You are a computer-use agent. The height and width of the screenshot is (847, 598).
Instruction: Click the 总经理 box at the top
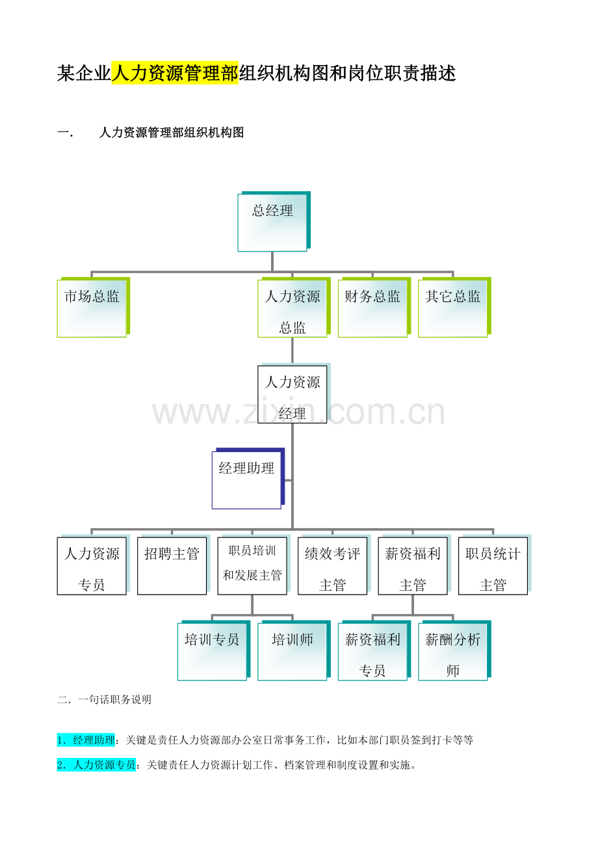tap(274, 222)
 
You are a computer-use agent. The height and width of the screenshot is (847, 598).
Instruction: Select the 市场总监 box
tap(94, 308)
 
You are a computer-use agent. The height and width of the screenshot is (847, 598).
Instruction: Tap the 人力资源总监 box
tap(294, 308)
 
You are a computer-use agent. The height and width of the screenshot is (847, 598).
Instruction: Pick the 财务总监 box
tap(374, 308)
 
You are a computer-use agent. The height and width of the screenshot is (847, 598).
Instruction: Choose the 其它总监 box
tap(454, 308)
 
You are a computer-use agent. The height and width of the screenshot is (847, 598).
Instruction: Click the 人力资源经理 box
tap(294, 393)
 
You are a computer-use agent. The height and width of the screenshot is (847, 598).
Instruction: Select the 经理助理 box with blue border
tap(248, 479)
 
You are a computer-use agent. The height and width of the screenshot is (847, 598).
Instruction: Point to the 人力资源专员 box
tap(94, 565)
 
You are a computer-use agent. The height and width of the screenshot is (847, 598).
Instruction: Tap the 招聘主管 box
tap(174, 565)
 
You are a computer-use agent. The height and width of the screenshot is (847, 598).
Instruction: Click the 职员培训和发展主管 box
tap(254, 565)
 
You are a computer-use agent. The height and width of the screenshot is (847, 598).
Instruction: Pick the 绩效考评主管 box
tap(334, 565)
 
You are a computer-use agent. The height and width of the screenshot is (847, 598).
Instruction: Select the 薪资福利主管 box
tap(415, 565)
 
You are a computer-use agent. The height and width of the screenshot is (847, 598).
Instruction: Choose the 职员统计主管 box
tap(495, 565)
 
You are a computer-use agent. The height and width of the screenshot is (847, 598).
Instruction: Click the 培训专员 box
tap(214, 651)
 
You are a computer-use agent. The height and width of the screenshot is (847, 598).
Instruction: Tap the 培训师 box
tap(294, 651)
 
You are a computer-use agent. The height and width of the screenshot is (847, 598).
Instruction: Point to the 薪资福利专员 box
tap(374, 651)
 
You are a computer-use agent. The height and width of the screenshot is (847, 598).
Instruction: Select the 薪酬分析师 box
tap(454, 651)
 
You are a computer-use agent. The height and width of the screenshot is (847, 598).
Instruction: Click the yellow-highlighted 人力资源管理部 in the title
tap(175, 73)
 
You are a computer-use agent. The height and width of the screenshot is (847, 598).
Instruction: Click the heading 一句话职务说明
tap(114, 699)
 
